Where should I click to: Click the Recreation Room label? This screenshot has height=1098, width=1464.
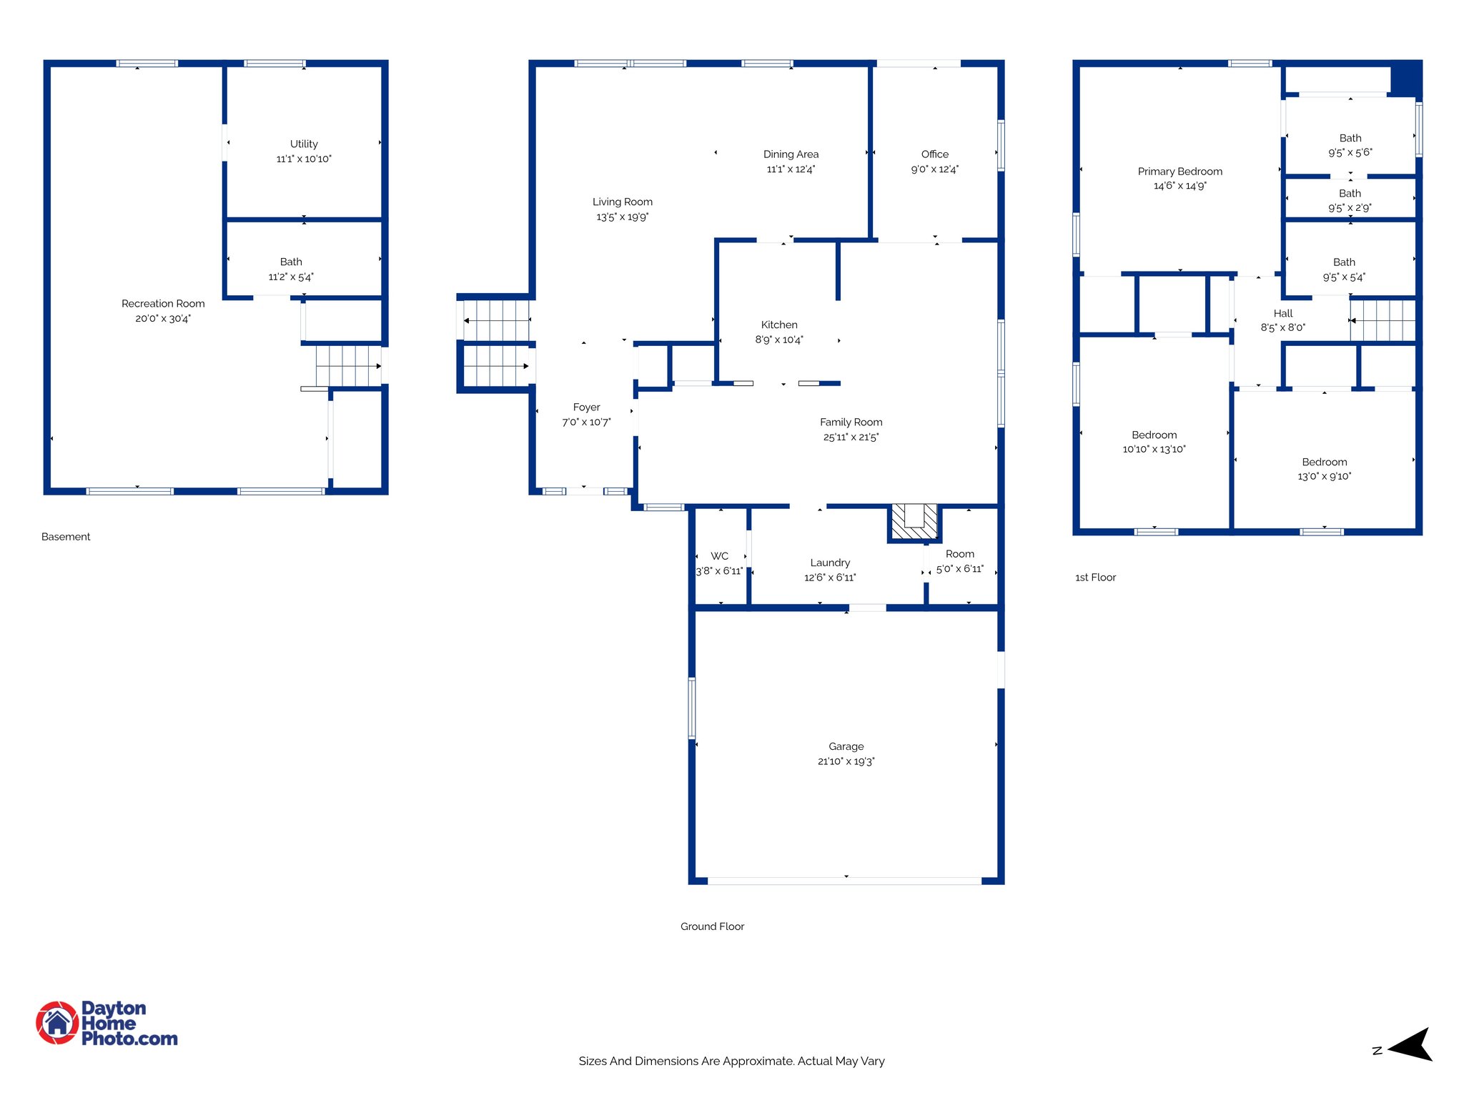coord(163,304)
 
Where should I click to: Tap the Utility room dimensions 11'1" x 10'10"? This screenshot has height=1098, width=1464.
coord(304,159)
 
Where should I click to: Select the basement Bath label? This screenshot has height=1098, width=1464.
coord(291,262)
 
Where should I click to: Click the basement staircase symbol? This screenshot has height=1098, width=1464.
coord(348,366)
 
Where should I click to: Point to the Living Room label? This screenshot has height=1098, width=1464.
coord(622,202)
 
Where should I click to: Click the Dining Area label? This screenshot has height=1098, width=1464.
coord(791,154)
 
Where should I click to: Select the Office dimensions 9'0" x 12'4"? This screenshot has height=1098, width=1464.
coord(934,169)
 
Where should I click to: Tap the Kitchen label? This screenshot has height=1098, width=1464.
coord(779,325)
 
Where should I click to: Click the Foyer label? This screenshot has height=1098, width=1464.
coord(586,407)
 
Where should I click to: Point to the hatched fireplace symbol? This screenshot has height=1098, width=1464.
coord(914,522)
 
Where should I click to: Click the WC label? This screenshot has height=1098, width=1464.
coord(719,556)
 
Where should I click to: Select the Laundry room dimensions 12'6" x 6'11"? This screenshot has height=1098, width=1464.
coord(830,578)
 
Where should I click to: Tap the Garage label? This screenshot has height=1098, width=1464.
coord(846,746)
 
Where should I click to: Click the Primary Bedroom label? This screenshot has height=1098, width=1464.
coord(1179,172)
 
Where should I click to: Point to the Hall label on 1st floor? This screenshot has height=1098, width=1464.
coord(1282,313)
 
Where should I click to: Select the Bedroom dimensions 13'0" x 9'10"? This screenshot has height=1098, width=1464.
coord(1324,477)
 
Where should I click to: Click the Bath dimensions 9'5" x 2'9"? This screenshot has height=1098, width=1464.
coord(1350,208)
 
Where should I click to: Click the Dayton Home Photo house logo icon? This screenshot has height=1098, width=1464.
coord(57,1023)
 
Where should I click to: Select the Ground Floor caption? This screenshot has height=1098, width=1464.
coord(712,926)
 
